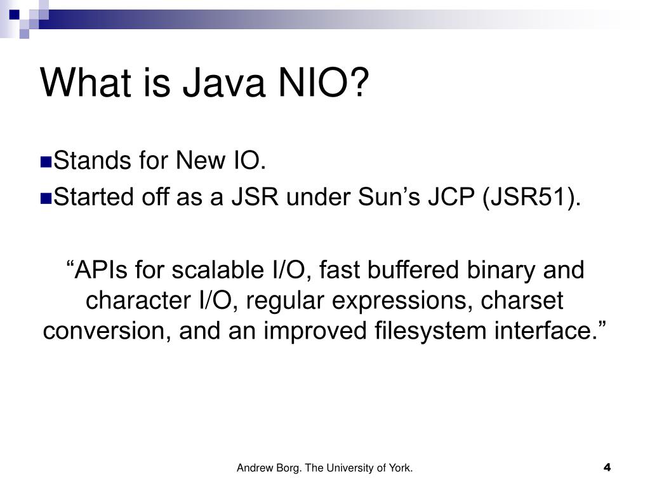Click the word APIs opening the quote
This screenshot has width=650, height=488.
(95, 270)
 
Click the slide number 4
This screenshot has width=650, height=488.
(607, 468)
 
